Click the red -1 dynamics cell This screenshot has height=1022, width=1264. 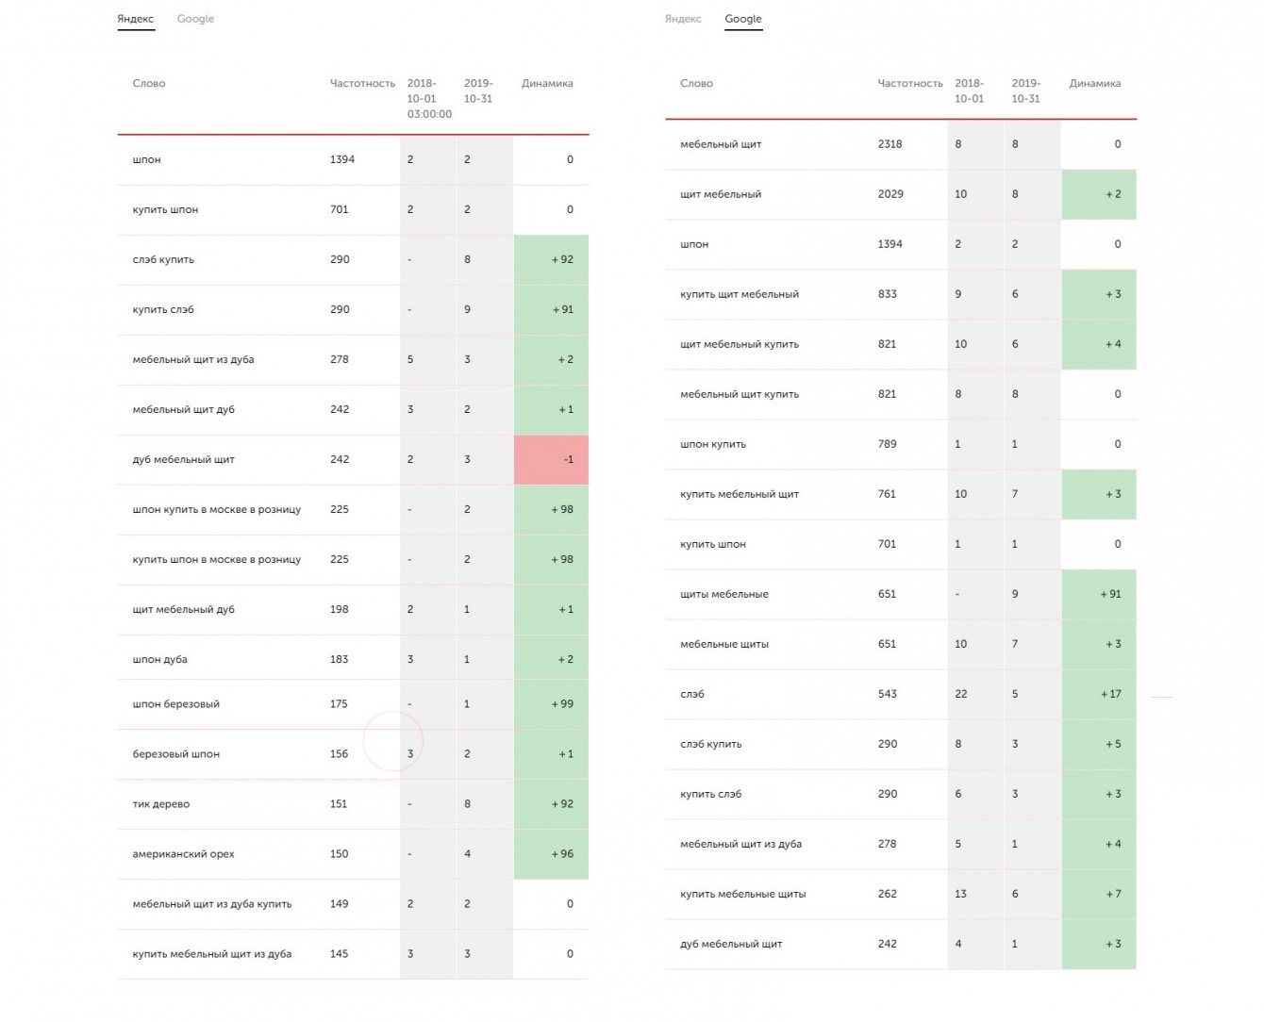[x=552, y=460]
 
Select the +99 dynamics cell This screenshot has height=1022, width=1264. [x=552, y=704]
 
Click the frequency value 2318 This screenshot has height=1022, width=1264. [x=890, y=144]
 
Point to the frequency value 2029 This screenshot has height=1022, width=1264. [x=890, y=194]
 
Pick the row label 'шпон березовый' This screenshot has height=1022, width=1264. [x=175, y=704]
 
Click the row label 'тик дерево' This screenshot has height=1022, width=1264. [x=161, y=804]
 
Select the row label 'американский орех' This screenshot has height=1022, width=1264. [x=183, y=854]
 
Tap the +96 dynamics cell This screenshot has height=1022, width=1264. [x=552, y=854]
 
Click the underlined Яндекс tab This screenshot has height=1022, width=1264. [x=136, y=19]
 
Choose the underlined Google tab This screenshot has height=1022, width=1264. [x=743, y=19]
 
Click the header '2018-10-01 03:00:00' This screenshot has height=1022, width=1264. [x=428, y=98]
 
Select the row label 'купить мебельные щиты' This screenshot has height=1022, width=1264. [x=742, y=894]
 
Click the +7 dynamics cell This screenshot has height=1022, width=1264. [x=1100, y=894]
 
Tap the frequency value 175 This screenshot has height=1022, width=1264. [x=339, y=704]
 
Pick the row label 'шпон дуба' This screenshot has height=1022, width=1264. [x=159, y=660]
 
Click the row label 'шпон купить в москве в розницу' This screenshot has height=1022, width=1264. [x=216, y=510]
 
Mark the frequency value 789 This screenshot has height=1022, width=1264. [x=887, y=444]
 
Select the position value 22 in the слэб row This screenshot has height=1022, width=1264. [x=960, y=694]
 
